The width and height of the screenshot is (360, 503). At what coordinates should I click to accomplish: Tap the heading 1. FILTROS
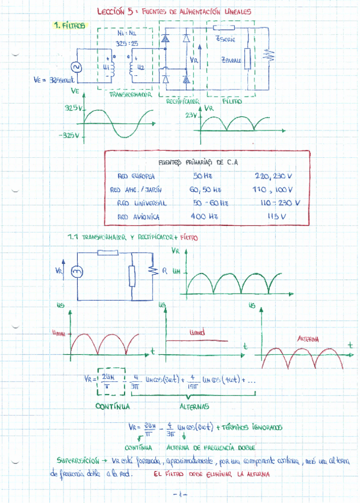(70, 26)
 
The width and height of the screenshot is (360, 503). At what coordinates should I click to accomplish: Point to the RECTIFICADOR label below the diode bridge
(181, 102)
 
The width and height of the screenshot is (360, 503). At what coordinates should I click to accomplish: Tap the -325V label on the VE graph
(69, 135)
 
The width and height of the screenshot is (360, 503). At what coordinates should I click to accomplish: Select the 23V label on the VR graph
(191, 116)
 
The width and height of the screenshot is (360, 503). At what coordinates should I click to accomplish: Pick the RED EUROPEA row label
(136, 176)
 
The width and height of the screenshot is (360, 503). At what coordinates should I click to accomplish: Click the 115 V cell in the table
(277, 218)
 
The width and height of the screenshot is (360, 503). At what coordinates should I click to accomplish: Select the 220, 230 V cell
(275, 176)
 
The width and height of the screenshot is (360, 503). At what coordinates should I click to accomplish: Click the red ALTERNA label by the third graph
(308, 339)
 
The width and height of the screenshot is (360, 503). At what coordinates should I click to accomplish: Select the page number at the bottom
(180, 494)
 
